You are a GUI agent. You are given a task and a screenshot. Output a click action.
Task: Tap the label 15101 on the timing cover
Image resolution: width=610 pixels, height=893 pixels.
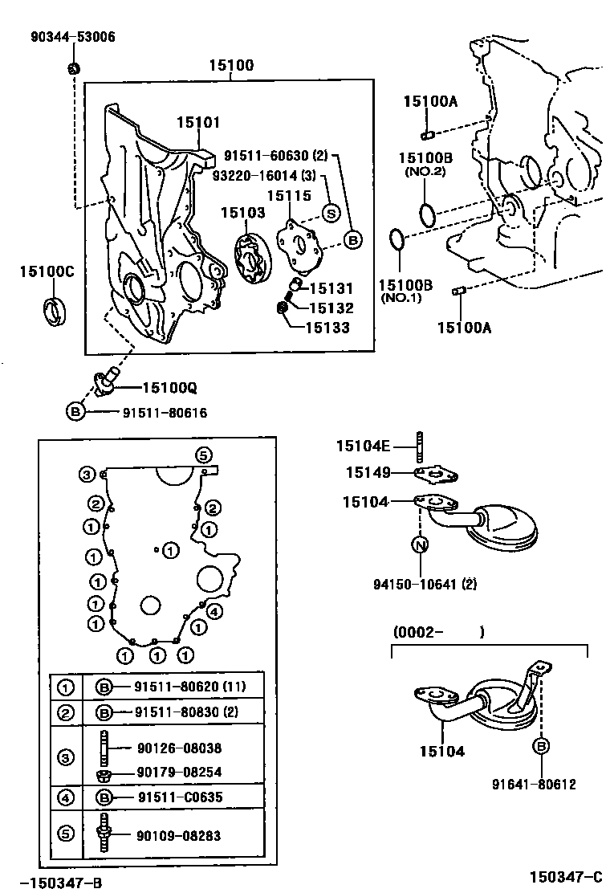[x=198, y=122]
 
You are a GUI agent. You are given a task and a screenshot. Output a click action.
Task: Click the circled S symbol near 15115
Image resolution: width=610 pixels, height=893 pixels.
[x=329, y=212]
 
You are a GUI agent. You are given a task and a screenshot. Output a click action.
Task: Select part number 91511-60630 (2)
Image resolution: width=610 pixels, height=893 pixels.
[x=275, y=156]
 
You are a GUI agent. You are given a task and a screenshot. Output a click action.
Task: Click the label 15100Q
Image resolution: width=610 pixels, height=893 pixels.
[x=169, y=388]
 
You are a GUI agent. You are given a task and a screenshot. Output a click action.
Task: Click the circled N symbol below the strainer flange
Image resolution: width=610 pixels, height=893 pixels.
[x=420, y=545]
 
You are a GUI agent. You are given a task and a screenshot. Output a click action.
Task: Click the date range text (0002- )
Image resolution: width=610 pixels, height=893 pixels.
[x=438, y=633]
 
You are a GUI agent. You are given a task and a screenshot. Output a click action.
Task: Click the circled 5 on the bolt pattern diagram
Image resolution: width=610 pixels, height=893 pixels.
[x=203, y=455]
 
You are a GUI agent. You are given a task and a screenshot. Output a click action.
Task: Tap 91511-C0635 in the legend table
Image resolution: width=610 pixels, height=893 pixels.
[x=177, y=797]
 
